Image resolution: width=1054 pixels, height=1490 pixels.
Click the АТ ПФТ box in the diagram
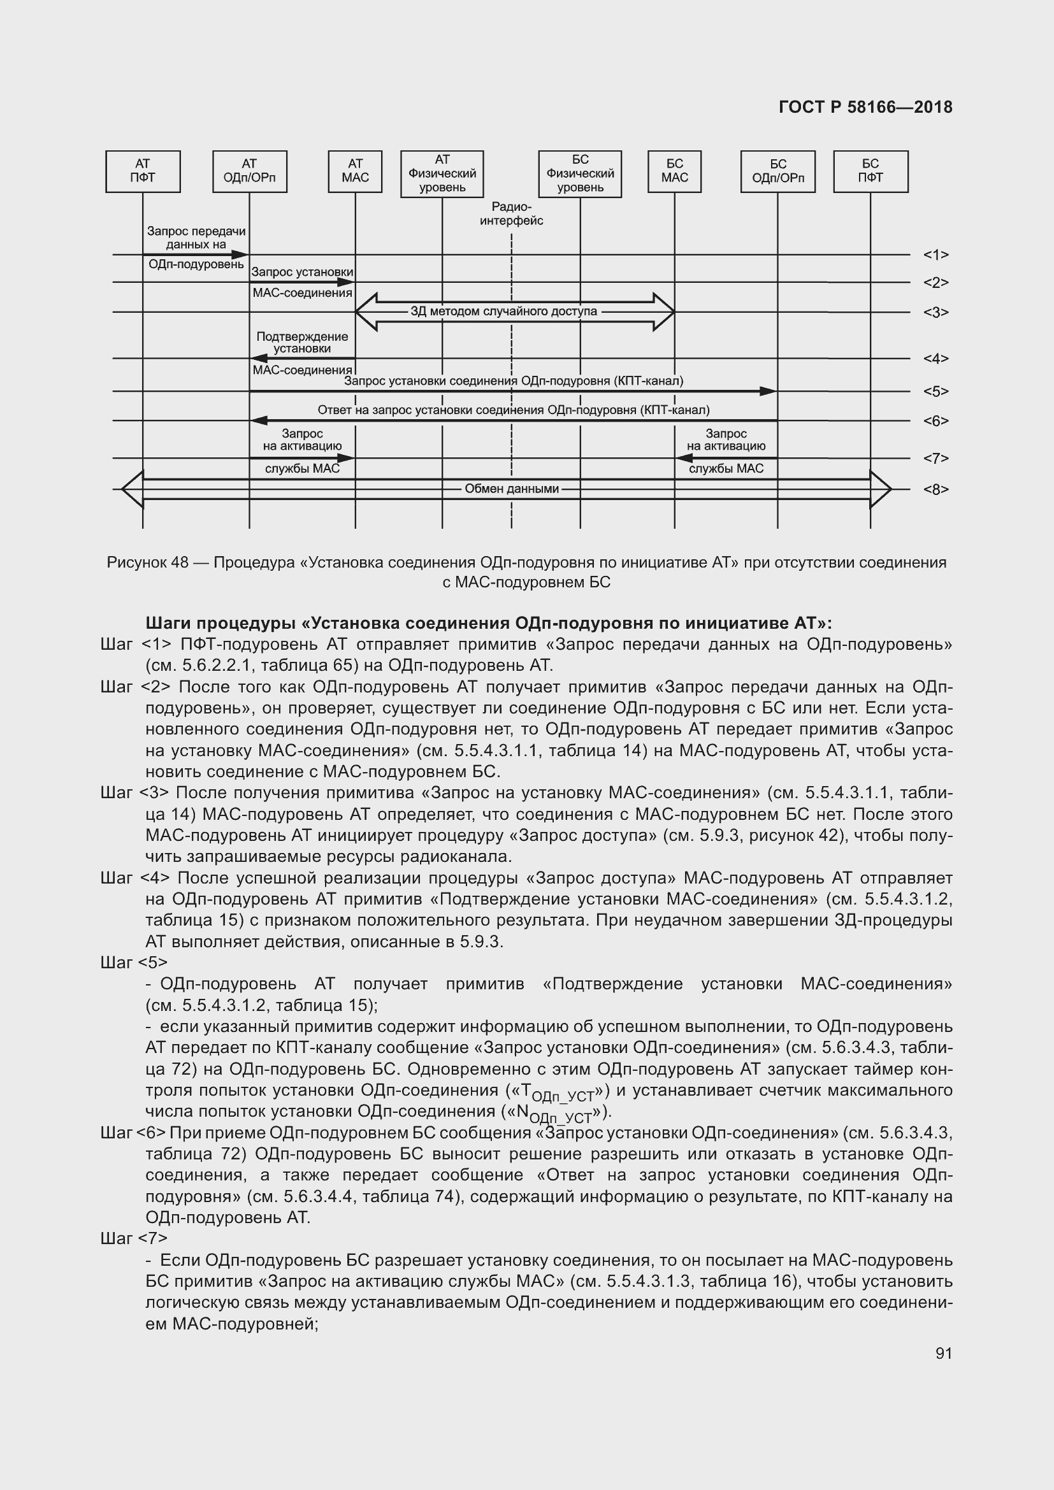[143, 171]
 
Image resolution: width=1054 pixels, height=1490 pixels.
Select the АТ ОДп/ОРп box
[249, 171]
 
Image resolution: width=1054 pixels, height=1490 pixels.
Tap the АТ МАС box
[355, 171]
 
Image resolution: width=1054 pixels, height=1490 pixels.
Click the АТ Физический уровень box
[442, 173]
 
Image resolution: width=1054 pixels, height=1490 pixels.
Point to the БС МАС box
[674, 171]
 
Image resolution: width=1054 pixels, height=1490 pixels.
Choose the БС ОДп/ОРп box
[777, 171]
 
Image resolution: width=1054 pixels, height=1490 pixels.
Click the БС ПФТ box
[870, 171]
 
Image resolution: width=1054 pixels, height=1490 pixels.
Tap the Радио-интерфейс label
[512, 214]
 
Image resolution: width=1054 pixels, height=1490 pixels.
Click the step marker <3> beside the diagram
[936, 313]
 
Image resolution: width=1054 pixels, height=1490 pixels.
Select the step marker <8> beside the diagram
[936, 489]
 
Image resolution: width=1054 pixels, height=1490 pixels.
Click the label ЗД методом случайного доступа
[503, 312]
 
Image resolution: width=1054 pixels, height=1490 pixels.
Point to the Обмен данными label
[512, 489]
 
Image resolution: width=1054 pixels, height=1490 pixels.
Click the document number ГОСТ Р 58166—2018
[866, 108]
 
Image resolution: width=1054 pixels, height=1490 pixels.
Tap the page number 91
[944, 1353]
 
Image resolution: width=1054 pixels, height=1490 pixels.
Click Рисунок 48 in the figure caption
[147, 562]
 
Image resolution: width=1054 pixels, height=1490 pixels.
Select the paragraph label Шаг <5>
[134, 963]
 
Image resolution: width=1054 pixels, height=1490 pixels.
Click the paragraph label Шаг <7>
[134, 1239]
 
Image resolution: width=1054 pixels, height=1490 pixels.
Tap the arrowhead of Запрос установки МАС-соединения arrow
[347, 282]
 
